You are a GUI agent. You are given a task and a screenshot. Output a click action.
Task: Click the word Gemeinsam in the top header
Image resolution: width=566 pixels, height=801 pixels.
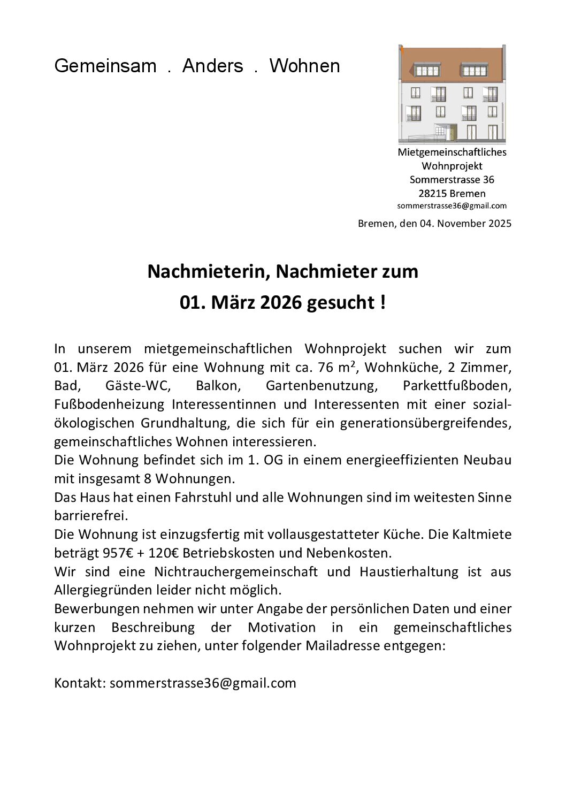coord(105,66)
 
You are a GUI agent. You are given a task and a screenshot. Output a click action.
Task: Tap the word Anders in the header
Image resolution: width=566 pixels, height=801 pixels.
coord(212,66)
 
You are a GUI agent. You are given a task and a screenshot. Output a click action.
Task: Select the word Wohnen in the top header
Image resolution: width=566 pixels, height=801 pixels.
coord(304,66)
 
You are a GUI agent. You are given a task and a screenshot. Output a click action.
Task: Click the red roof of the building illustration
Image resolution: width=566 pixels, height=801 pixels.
coord(452,59)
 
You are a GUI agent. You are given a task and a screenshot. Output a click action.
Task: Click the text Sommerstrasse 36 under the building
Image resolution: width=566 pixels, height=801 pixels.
coord(452,179)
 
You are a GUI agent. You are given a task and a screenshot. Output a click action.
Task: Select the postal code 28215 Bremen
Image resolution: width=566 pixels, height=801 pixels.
coord(452,193)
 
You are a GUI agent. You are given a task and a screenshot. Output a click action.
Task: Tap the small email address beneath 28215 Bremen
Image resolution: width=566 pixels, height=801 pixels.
coord(452,205)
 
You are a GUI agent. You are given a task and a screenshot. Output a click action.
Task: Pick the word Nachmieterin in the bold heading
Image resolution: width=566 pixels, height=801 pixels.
coord(209,271)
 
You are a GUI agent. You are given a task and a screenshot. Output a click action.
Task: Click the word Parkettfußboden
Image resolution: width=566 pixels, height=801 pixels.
coord(457,386)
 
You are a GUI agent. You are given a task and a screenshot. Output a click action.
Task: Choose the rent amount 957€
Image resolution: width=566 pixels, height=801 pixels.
coord(118,553)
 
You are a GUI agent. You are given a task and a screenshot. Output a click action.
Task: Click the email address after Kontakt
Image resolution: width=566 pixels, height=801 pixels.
coord(203,683)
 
